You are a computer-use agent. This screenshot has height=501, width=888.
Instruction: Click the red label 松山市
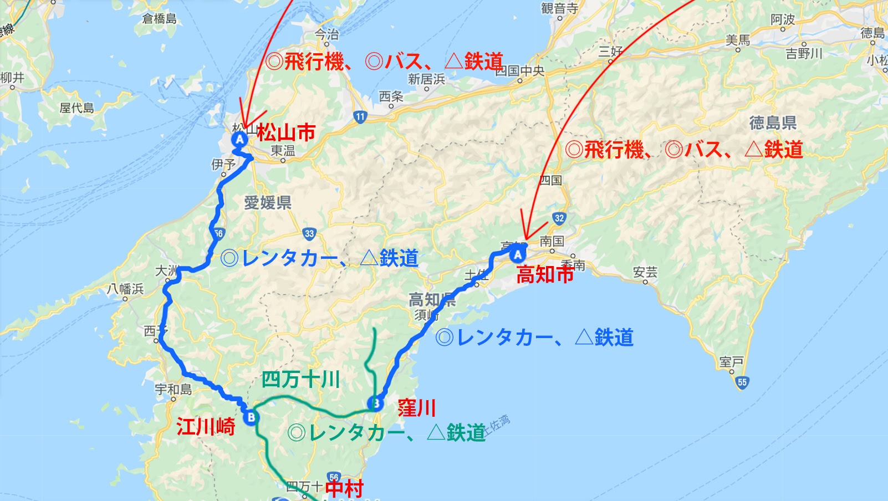click(286, 132)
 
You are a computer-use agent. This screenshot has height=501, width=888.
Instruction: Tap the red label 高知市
click(545, 274)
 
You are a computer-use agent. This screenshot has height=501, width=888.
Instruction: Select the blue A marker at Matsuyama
click(239, 139)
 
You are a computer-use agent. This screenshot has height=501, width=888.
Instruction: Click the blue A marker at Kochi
click(517, 254)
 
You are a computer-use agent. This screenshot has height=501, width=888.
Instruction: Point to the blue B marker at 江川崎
click(251, 417)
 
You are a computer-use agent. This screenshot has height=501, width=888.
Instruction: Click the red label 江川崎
click(206, 427)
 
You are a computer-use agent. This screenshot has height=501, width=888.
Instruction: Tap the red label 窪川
click(417, 408)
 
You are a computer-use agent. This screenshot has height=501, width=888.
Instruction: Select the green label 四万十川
click(300, 380)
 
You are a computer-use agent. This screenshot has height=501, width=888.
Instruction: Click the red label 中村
click(344, 488)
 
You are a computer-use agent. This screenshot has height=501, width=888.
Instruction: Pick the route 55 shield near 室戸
click(742, 382)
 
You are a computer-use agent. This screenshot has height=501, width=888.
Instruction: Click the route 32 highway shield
click(559, 218)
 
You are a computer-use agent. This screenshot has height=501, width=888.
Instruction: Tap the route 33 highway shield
click(309, 234)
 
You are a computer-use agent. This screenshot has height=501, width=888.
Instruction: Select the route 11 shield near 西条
click(360, 116)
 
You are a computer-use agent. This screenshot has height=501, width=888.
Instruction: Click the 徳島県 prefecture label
click(773, 122)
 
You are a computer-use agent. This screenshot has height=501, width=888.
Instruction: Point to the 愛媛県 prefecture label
click(268, 203)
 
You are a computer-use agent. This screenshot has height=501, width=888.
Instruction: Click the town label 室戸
click(731, 362)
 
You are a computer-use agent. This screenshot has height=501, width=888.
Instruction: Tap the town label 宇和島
click(173, 389)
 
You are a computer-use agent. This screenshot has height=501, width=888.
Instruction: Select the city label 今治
click(326, 34)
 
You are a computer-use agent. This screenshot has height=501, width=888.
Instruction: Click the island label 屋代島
click(76, 108)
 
